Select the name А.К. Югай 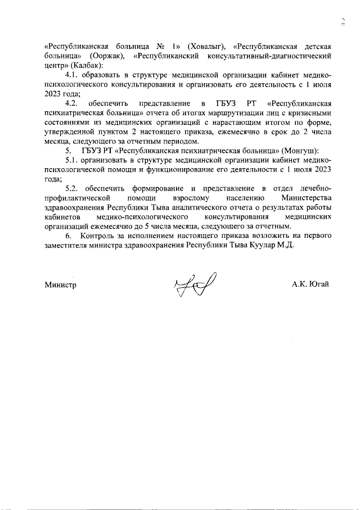(x=310, y=285)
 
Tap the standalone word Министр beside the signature (x=60, y=285)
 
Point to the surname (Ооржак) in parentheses (x=106, y=56)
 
